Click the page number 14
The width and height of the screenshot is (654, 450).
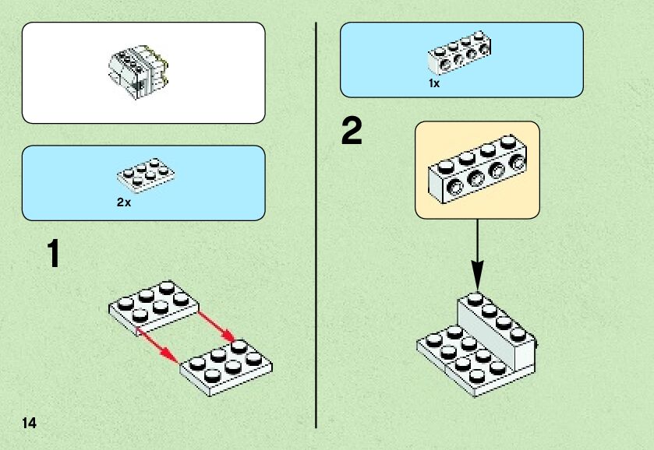30,423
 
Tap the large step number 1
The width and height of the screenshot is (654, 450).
52,255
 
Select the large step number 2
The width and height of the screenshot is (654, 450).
352,132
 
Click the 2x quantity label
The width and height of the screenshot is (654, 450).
124,202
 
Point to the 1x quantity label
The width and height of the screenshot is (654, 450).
434,83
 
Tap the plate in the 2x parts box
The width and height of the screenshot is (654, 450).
147,178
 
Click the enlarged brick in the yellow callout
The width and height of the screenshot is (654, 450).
476,169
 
